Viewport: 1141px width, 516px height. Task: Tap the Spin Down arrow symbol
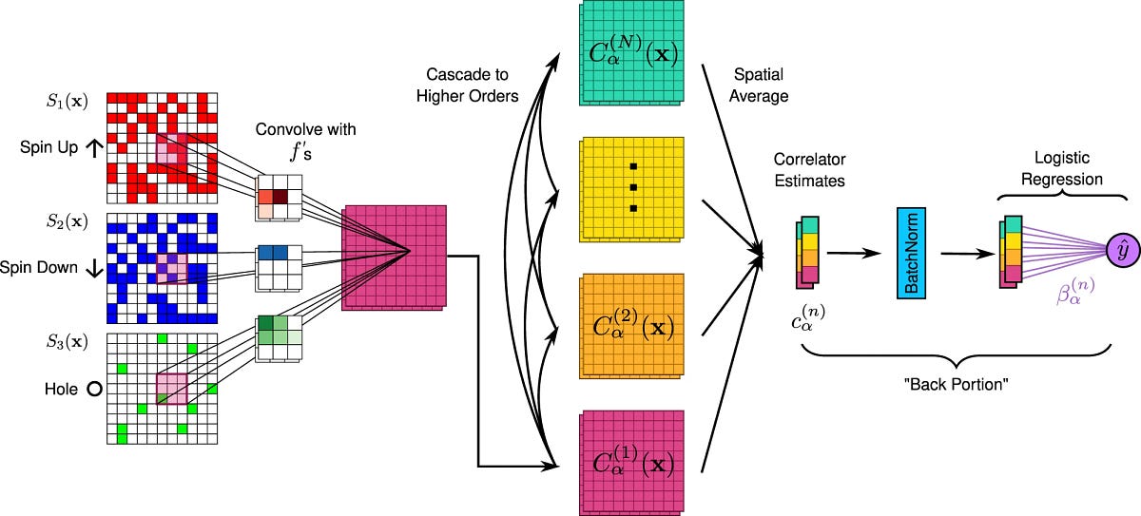(x=93, y=268)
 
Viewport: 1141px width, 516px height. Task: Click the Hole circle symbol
(x=93, y=389)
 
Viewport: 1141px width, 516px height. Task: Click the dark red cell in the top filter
(x=280, y=197)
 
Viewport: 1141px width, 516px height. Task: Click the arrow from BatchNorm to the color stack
(x=965, y=254)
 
